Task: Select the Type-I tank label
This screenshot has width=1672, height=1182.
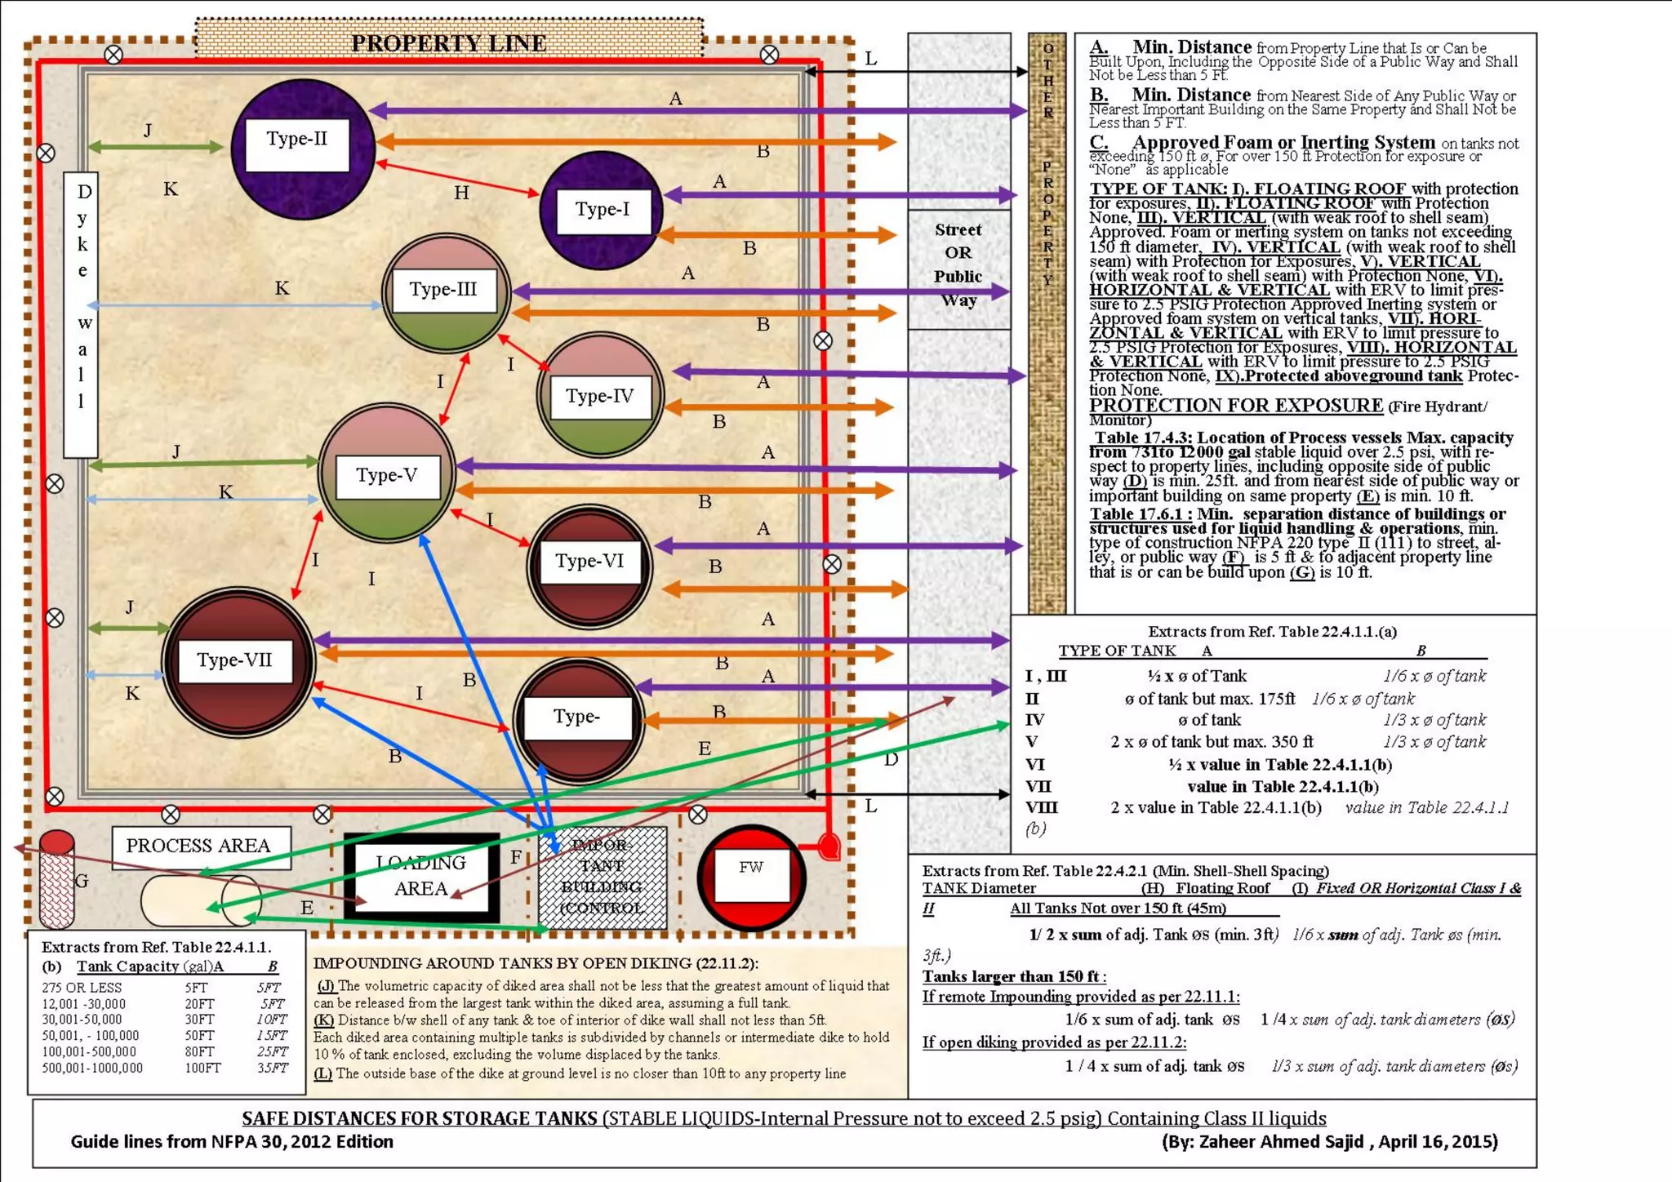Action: [x=603, y=210]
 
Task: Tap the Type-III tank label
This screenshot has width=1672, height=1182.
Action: [x=443, y=290]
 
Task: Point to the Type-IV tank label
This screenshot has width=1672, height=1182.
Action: [x=599, y=397]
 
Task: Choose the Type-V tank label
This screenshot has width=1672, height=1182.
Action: [x=386, y=476]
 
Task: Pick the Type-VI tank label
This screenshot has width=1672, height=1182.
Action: [x=589, y=562]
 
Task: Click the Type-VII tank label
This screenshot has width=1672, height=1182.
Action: [x=234, y=660]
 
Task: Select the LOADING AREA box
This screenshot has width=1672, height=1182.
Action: [x=421, y=877]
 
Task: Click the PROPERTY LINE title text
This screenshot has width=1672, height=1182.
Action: [x=448, y=42]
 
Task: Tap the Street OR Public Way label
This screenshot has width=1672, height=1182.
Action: [x=958, y=264]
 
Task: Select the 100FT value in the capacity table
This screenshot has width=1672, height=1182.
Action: [x=202, y=1068]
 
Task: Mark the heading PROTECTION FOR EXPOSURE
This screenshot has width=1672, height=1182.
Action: [x=1236, y=406]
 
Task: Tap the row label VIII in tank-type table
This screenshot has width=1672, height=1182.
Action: [x=1041, y=808]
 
